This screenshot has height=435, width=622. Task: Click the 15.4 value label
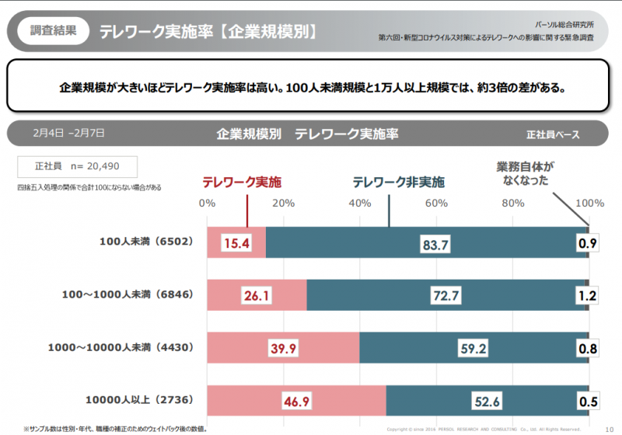pos(236,243)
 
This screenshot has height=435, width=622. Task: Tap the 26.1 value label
pos(257,295)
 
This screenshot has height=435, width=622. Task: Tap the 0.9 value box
pos(588,244)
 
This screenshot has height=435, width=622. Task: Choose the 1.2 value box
pos(588,296)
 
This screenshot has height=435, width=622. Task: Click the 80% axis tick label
pos(512,204)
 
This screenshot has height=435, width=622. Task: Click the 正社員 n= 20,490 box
pos(77,166)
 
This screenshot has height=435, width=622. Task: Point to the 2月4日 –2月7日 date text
pos(69,133)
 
